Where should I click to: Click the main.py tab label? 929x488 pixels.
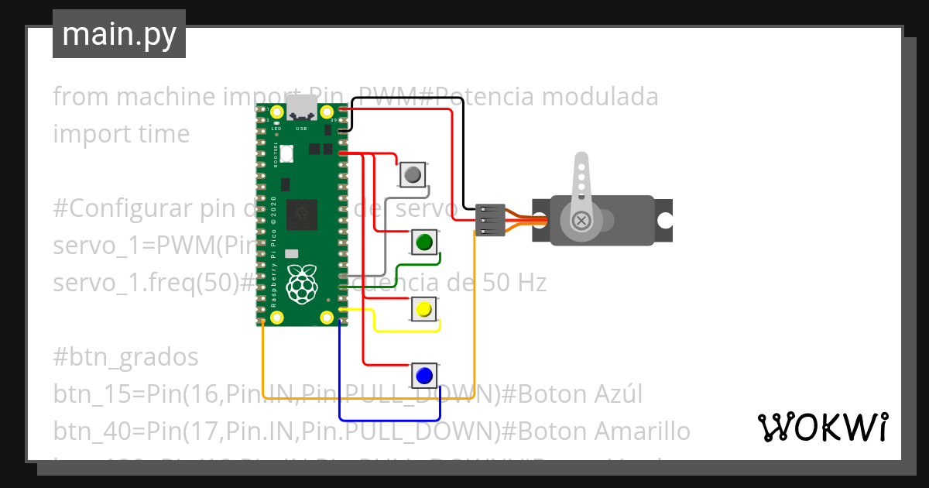coord(118,34)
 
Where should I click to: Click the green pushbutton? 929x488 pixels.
coord(423,242)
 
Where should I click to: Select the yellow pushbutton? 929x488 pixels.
coord(423,310)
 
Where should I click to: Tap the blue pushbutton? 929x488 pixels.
coord(423,376)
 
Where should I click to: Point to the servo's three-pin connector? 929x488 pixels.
coord(489,221)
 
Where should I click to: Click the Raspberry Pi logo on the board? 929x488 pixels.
coord(302,284)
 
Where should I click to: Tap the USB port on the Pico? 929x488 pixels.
coord(302,108)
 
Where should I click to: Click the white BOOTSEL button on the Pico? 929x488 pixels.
coord(286,154)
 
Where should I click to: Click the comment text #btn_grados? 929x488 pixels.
coord(125,357)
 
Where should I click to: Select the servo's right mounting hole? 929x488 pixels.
coord(663,219)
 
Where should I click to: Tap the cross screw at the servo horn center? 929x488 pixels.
coord(581,222)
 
